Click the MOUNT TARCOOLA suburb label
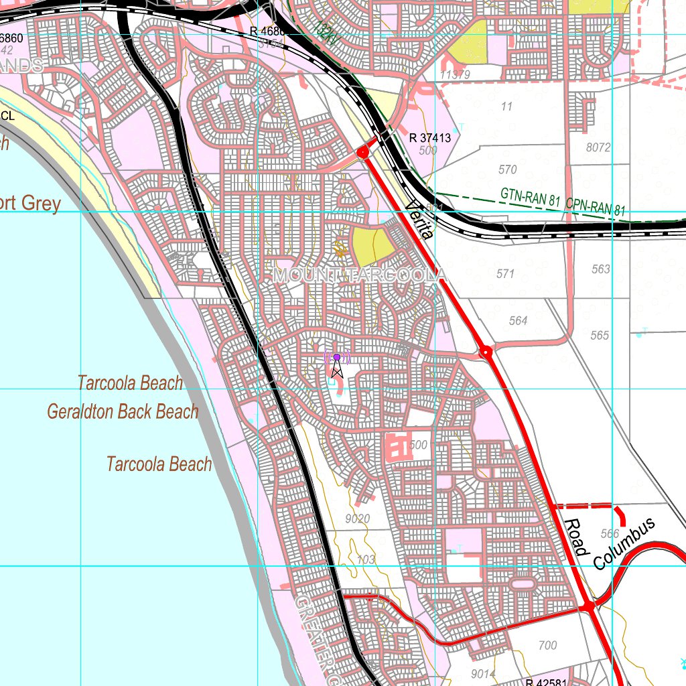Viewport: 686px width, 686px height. point(359,275)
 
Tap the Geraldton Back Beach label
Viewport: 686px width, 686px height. point(123,411)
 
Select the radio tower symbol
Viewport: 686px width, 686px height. point(337,365)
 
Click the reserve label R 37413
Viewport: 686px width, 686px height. point(429,138)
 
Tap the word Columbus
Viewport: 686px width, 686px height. point(623,544)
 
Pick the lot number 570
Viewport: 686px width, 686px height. point(508,170)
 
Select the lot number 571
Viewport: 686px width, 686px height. point(505,273)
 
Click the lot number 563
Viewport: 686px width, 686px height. point(601,269)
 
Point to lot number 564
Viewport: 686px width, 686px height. point(518,321)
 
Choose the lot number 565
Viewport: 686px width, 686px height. point(600,335)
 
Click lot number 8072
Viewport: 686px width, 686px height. point(598,147)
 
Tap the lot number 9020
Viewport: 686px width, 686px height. point(358,519)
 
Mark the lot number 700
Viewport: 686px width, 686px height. point(547,646)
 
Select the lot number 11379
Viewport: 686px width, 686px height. point(455,74)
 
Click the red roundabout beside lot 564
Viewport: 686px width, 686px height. point(486,351)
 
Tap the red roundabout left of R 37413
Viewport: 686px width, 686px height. point(363,153)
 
